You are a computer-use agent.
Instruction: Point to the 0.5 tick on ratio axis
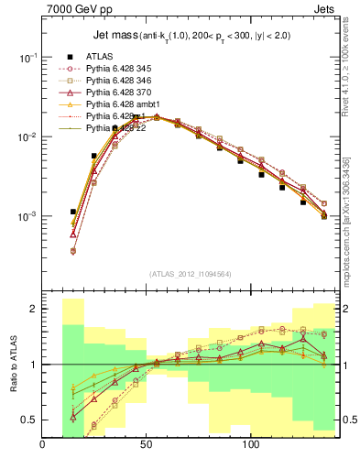pos(29,420)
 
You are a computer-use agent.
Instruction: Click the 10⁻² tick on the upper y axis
pos(27,137)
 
